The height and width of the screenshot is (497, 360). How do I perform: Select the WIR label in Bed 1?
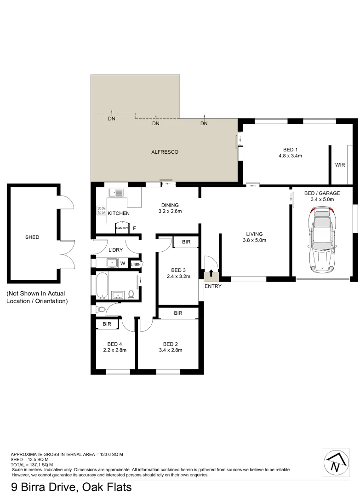click(340, 165)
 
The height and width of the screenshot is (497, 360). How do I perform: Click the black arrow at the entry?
click(211, 274)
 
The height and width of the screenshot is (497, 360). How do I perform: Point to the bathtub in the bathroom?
click(102, 285)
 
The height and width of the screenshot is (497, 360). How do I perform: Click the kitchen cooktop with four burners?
click(101, 211)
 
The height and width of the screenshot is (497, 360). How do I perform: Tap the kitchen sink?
click(114, 192)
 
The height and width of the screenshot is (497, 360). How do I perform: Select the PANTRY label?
click(122, 228)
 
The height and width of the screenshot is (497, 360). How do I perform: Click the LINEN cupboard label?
click(136, 264)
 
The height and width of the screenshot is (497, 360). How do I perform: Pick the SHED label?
click(32, 237)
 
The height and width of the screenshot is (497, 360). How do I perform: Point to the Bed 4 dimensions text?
click(114, 350)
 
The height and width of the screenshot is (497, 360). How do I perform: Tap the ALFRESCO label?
click(165, 152)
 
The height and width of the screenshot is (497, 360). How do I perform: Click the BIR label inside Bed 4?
click(107, 324)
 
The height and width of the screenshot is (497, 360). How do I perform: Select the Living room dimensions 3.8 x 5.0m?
click(254, 240)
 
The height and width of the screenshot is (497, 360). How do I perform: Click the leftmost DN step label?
click(112, 119)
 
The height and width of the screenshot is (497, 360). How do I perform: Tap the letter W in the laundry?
click(123, 264)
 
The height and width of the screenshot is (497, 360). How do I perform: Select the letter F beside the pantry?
click(134, 228)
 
